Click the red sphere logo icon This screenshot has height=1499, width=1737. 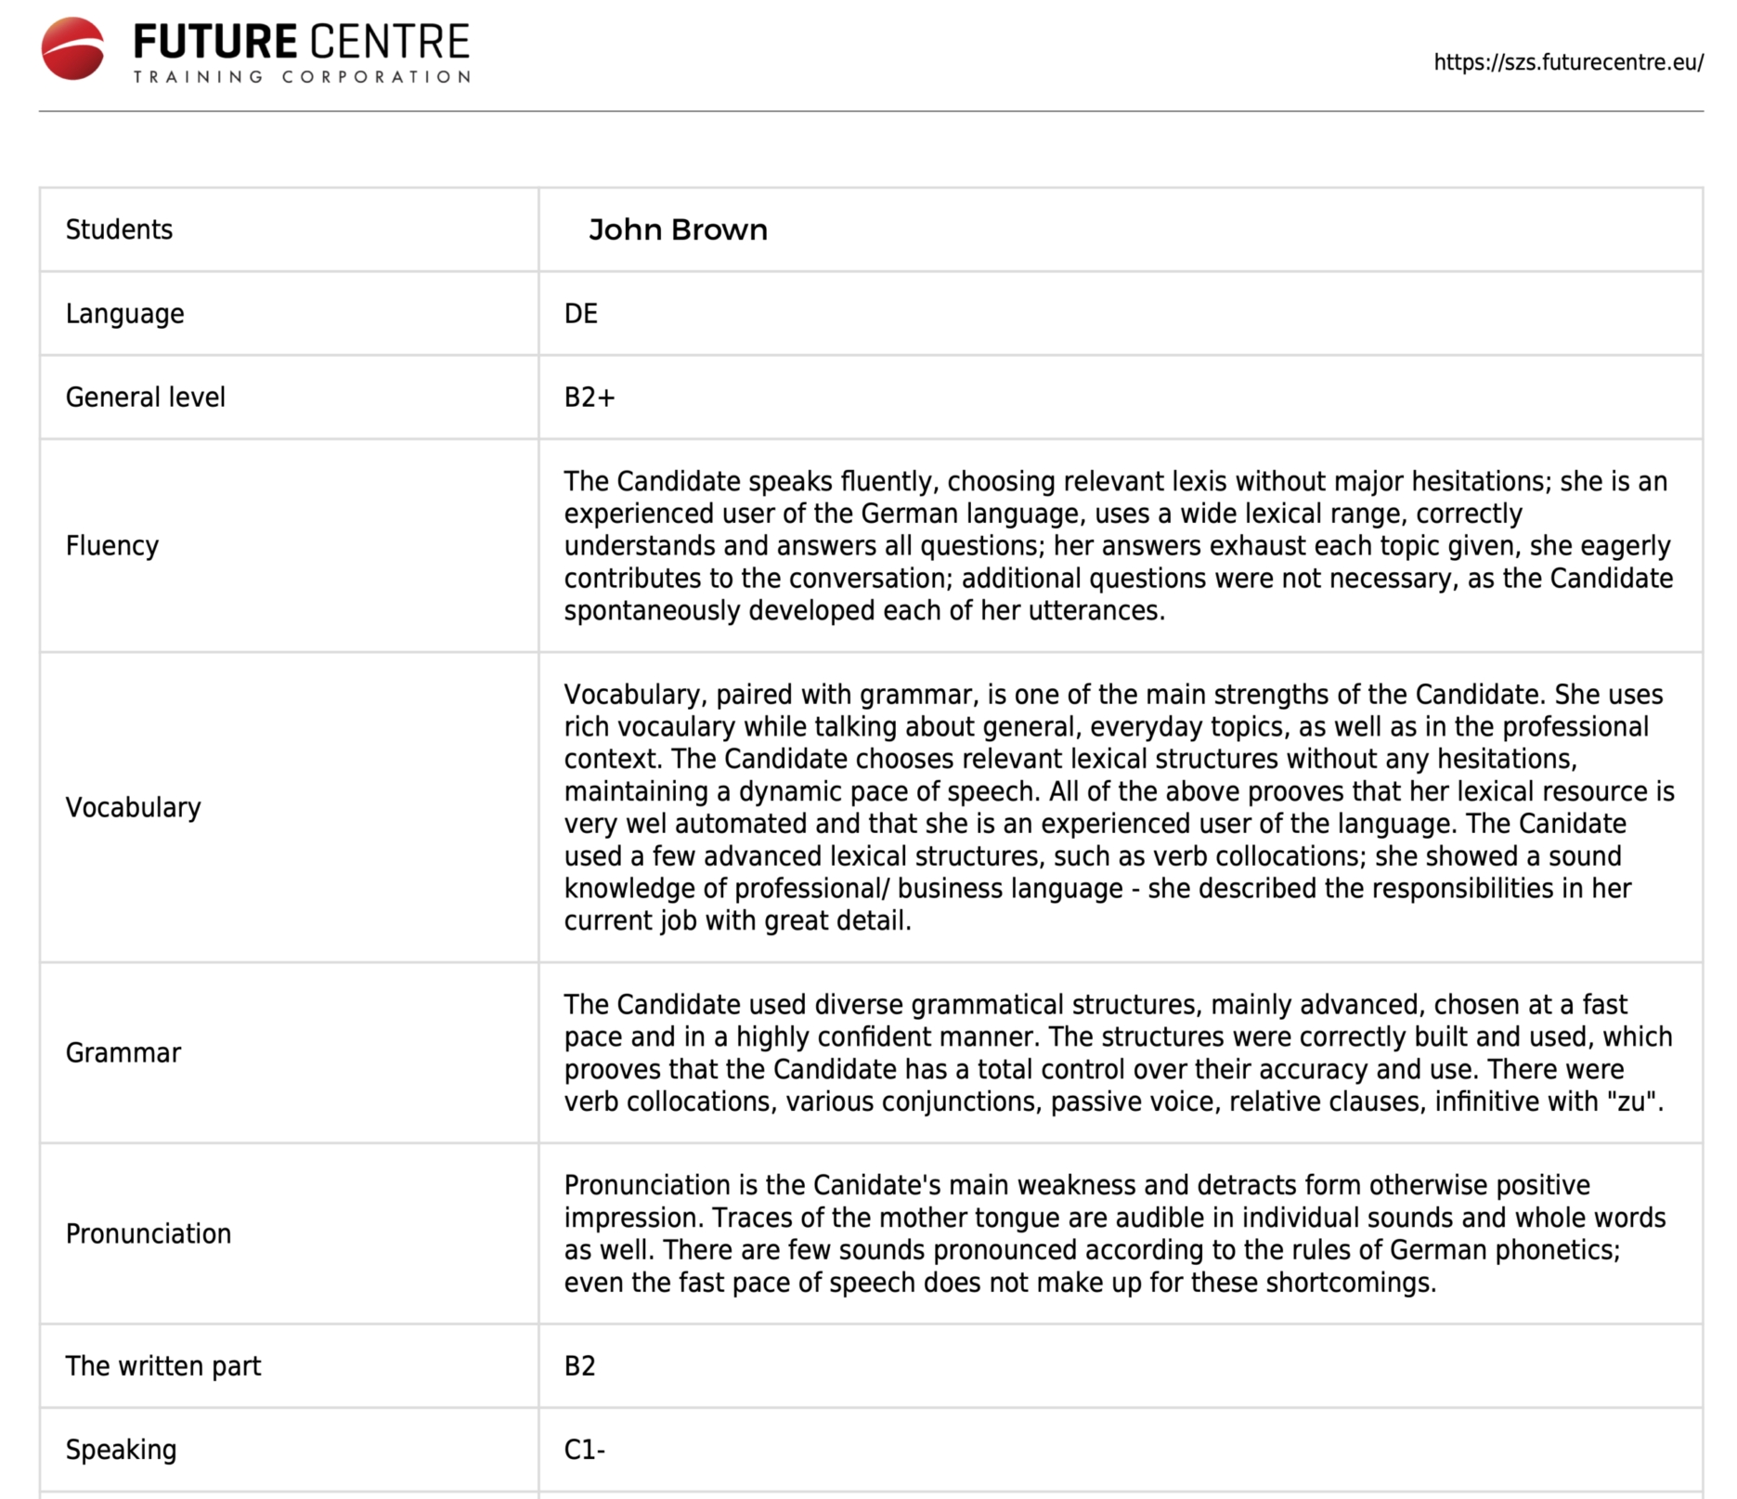point(72,48)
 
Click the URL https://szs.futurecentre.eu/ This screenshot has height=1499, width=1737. point(1568,62)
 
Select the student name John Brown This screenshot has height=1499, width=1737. point(678,229)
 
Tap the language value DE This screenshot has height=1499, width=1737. point(580,314)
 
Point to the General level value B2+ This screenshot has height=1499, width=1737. point(589,398)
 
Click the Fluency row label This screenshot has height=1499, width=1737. point(111,545)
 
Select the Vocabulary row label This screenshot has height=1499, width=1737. point(133,807)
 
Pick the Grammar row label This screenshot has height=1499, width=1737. point(123,1052)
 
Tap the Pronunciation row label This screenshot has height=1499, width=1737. point(148,1233)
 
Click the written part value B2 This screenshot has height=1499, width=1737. point(579,1366)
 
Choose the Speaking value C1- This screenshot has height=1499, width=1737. point(584,1450)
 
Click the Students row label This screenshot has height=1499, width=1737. point(119,229)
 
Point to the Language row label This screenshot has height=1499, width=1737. point(124,314)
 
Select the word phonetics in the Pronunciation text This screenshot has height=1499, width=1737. point(1555,1250)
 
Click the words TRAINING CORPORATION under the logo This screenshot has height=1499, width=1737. point(302,77)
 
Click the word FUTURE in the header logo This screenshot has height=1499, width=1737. point(215,42)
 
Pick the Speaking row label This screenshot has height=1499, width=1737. point(121,1450)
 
